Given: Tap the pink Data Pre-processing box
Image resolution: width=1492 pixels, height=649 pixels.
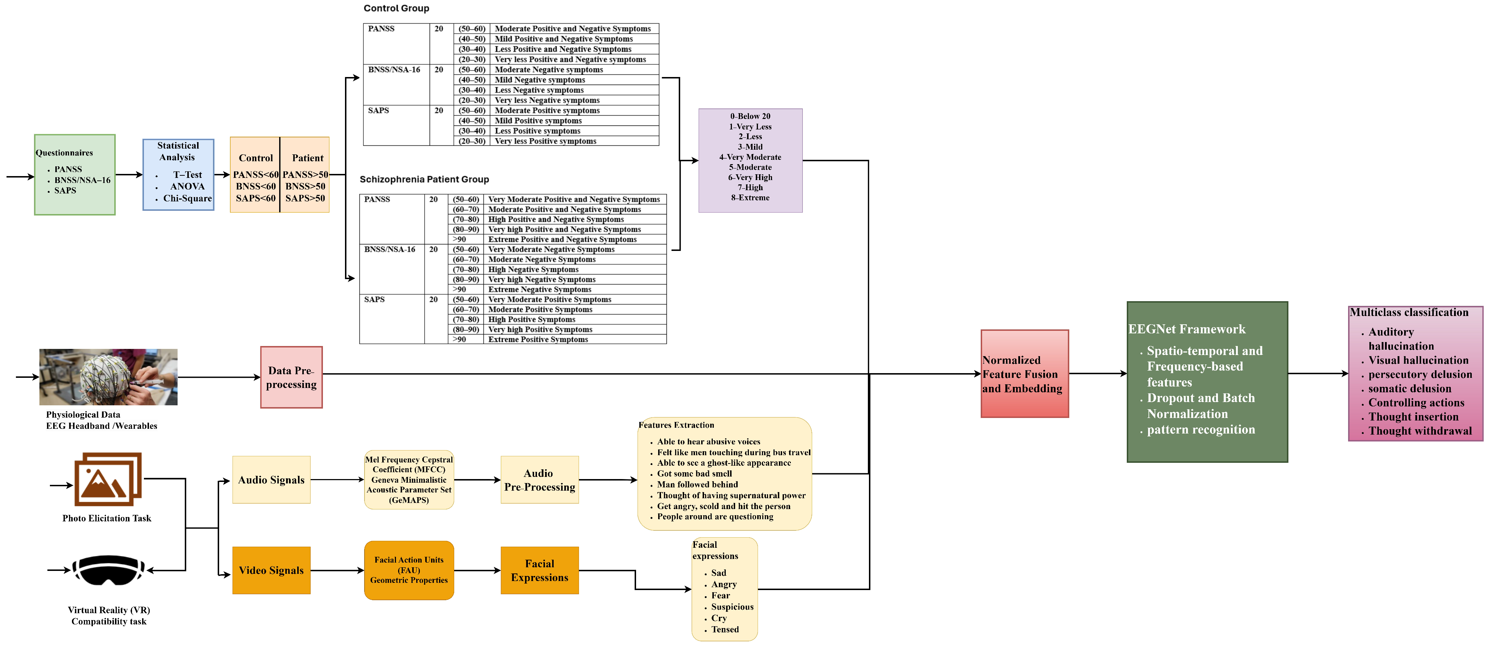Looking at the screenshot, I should point(291,377).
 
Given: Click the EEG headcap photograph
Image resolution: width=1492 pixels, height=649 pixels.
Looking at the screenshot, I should point(108,377).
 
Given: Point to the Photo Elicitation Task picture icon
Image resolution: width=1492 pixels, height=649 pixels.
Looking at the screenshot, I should point(108,479).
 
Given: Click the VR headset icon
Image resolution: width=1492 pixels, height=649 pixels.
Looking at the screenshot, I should point(108,570).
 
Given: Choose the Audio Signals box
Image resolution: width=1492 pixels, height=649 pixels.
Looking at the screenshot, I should point(271,479).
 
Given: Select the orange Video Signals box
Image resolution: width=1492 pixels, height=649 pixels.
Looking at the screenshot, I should point(271,570).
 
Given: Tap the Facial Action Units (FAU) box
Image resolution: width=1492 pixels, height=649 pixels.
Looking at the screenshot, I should point(409,570).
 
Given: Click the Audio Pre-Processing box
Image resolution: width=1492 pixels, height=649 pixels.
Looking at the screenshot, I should point(539,479).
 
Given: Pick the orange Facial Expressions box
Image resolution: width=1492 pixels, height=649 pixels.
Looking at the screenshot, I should point(539,570).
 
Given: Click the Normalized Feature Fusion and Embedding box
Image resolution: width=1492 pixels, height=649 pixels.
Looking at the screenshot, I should point(1024,374).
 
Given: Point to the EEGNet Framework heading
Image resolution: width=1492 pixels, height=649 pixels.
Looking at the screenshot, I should point(1187,329).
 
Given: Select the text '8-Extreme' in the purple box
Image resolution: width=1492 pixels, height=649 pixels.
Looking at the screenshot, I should point(750,197).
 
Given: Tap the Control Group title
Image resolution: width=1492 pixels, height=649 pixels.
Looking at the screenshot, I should point(396,8).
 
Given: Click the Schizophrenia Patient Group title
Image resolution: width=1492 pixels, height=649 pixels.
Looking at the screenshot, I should point(424,179).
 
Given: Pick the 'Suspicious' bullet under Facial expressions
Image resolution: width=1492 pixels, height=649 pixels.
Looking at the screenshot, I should point(732,607).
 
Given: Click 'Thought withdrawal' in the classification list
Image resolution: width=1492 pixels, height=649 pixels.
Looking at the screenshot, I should point(1420,431).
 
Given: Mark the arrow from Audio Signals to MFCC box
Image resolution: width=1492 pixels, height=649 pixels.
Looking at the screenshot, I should point(337,479).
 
